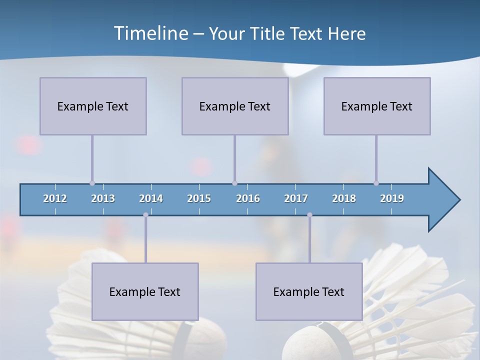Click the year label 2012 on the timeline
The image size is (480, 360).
[55, 198]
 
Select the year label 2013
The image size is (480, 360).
[103, 198]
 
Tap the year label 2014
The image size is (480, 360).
[151, 198]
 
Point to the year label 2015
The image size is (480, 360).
[199, 198]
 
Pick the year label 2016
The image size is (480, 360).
[248, 198]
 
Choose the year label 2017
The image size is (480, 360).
[296, 198]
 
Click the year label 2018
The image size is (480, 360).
[344, 198]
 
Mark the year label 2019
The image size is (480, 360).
[392, 198]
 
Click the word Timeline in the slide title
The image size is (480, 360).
[150, 33]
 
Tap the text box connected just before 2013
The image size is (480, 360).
[93, 106]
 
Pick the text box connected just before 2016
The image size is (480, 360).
[235, 106]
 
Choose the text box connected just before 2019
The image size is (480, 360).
[377, 106]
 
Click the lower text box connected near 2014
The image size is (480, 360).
[145, 291]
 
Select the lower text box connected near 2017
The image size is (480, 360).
[309, 291]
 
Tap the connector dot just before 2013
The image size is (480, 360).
[92, 183]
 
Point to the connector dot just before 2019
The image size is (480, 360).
[376, 183]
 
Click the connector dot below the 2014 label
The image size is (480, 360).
[145, 215]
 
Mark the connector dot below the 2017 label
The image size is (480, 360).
[309, 215]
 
